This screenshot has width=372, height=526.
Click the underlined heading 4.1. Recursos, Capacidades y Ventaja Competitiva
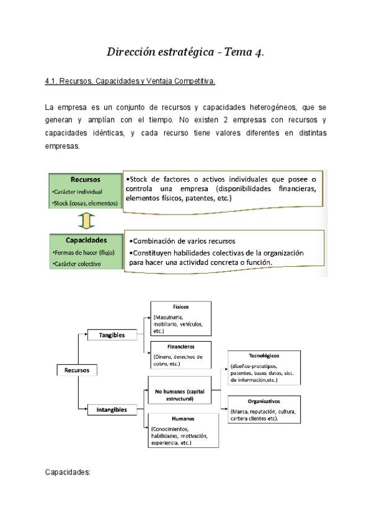click(130, 81)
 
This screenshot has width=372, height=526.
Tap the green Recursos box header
click(86, 179)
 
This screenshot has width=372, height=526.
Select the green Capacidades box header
click(86, 240)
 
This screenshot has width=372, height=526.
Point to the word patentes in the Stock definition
click(267, 198)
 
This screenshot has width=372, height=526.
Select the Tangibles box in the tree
click(112, 335)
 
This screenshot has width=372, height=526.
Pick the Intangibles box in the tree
click(112, 409)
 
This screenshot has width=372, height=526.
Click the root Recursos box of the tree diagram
click(77, 370)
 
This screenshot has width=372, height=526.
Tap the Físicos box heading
click(181, 306)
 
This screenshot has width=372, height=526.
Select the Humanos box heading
click(183, 419)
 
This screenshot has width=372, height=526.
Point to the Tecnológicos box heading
click(263, 356)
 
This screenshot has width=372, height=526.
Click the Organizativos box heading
click(263, 401)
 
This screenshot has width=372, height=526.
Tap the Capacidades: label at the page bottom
click(68, 472)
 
